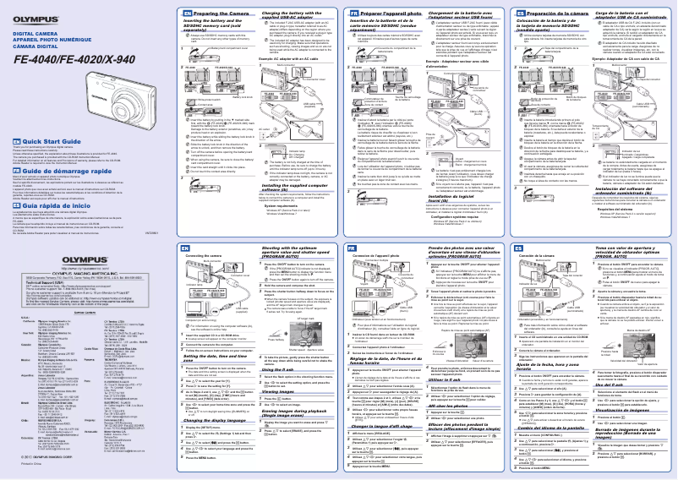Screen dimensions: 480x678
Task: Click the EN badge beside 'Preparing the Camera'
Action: [186, 14]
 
